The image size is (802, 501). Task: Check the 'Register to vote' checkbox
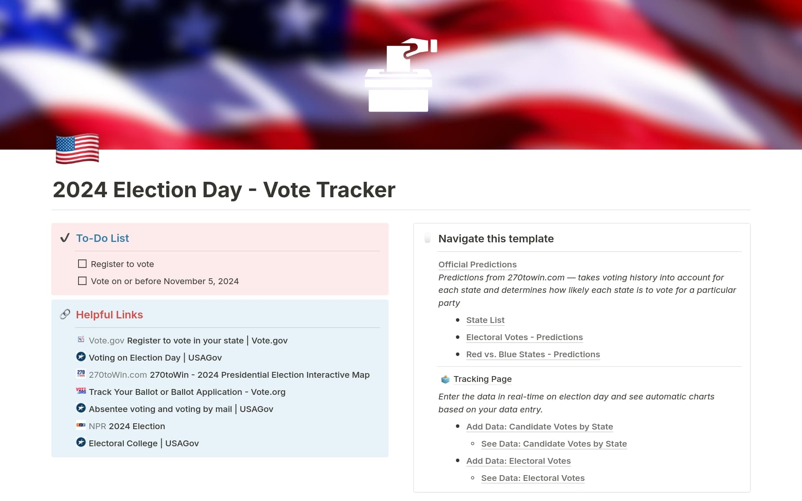click(x=82, y=264)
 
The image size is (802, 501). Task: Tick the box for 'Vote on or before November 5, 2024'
click(x=82, y=281)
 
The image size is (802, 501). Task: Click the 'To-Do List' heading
click(x=102, y=238)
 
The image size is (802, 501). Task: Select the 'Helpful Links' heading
click(x=109, y=315)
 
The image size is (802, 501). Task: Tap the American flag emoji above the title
click(x=77, y=148)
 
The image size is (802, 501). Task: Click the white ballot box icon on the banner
click(x=399, y=77)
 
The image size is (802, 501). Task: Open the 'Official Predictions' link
click(x=477, y=264)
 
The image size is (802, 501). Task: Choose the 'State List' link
click(x=485, y=320)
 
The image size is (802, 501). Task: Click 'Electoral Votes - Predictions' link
click(x=524, y=337)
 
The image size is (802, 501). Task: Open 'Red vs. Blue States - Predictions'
click(x=533, y=354)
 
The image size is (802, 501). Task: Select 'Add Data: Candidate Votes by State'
click(x=539, y=427)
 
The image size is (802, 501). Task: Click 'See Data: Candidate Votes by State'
click(x=554, y=444)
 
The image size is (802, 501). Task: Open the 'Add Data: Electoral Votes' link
click(x=518, y=461)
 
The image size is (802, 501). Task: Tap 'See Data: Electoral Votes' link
click(x=533, y=478)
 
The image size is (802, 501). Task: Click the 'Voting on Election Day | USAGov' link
click(x=155, y=358)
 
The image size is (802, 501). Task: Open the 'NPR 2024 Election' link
click(x=127, y=426)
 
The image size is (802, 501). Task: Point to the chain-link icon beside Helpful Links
click(x=65, y=314)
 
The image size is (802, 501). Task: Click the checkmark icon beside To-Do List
click(x=65, y=238)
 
